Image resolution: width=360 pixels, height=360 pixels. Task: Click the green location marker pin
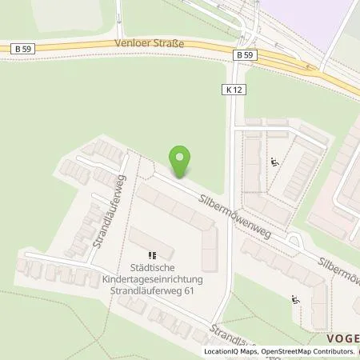pyautogui.click(x=182, y=159)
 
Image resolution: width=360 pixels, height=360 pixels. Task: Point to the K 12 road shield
pyautogui.click(x=233, y=91)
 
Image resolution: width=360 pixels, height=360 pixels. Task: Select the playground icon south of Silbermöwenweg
pyautogui.click(x=295, y=301)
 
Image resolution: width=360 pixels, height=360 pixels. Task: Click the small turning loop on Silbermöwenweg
pyautogui.click(x=295, y=240)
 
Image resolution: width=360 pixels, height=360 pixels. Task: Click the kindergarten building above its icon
pyautogui.click(x=145, y=238)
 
